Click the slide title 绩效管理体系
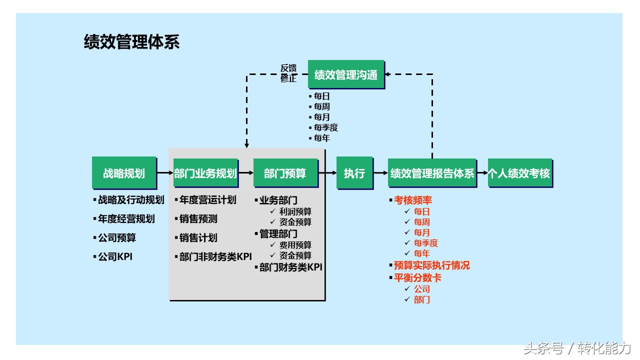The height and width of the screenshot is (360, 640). pos(131,42)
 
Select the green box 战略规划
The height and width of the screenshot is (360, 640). pos(124,172)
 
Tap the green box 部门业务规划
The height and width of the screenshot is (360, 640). pos(205,173)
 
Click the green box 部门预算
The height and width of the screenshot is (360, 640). pos(285,173)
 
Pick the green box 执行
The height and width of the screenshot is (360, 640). pos(354,172)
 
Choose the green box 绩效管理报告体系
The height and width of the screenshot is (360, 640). pos(432,173)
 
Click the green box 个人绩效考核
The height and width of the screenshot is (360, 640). pos(520,173)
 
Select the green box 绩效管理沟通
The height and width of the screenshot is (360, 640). pos(346,74)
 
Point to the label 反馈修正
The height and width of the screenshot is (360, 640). pos(288,73)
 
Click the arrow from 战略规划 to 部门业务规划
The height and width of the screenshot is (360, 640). pos(165,173)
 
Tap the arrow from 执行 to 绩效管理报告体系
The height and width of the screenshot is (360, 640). pos(380,173)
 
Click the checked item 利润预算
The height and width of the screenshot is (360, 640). pos(295,211)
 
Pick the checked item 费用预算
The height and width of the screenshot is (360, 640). pos(295,245)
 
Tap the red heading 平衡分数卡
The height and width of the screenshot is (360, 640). pos(417,277)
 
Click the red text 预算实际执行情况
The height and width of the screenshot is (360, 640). pos(431,265)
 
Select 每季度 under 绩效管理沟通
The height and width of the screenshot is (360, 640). pos(325,127)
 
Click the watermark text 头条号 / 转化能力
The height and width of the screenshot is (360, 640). pos(577,348)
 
